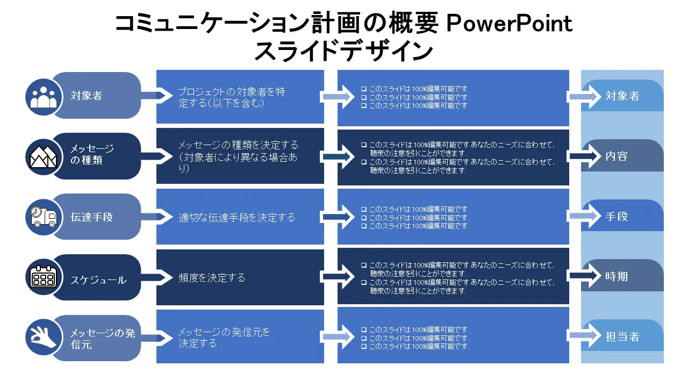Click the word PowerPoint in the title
point(510,24)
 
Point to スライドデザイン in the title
point(343,52)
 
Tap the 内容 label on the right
point(617,156)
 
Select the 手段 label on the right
point(617,217)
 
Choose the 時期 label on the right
point(617,277)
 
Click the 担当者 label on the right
point(622,337)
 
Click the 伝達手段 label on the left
point(92,218)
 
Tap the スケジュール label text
point(98,280)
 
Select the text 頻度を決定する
point(212,278)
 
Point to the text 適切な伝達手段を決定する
point(237,218)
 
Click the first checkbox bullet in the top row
point(364,89)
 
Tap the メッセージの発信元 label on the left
point(103,339)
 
